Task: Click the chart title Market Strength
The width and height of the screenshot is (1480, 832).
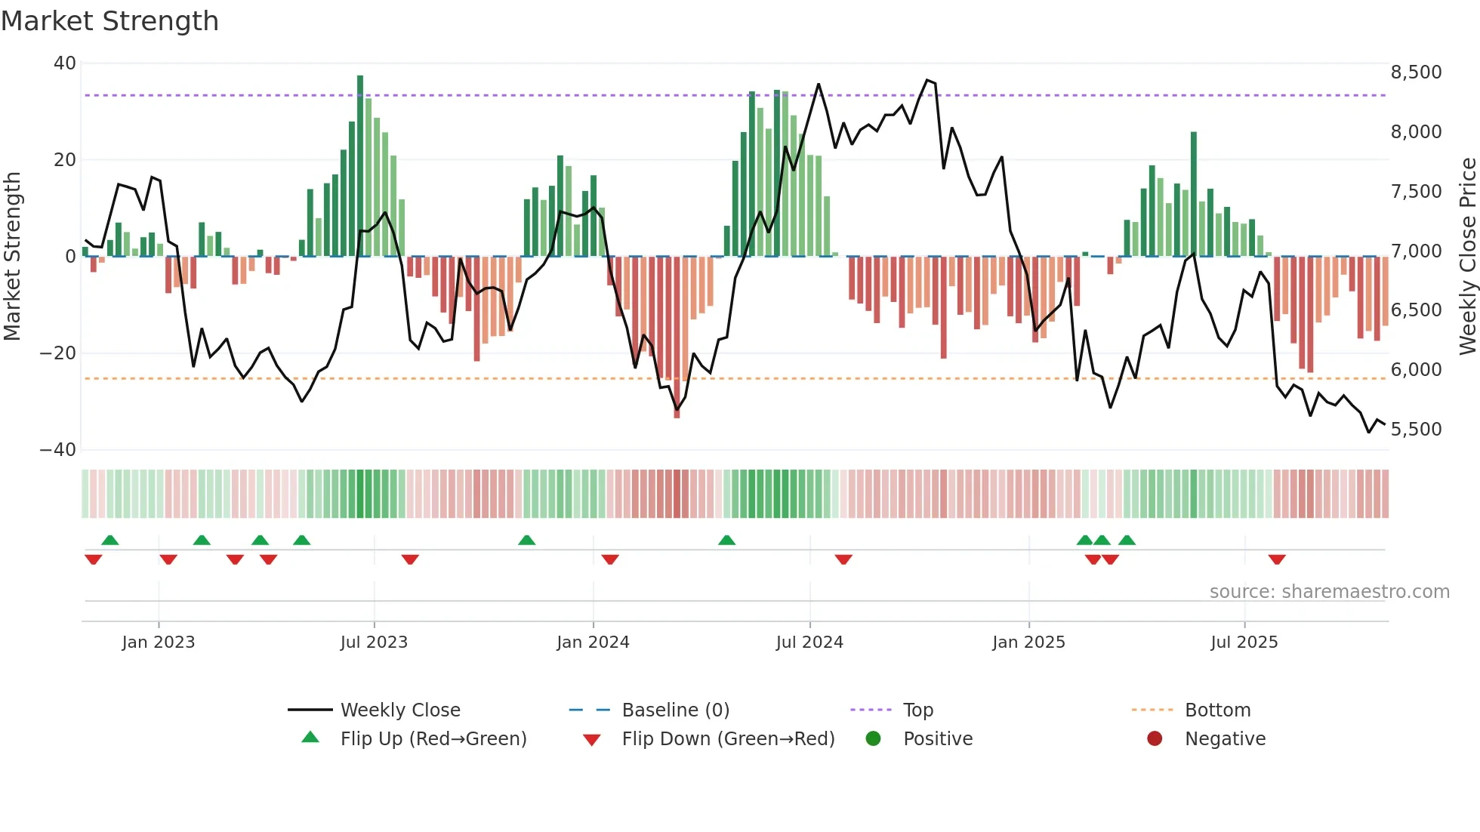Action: coord(109,21)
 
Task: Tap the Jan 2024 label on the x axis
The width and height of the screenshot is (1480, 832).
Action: coord(593,642)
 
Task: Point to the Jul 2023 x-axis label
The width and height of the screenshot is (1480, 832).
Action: coord(374,642)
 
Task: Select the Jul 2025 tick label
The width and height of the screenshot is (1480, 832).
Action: coord(1244,642)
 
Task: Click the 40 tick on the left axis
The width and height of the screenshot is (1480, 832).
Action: coord(65,63)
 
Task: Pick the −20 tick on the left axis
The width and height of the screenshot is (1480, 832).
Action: coord(58,353)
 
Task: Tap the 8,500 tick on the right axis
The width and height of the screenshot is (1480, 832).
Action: coord(1416,72)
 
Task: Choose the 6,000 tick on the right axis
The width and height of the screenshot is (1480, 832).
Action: coord(1416,370)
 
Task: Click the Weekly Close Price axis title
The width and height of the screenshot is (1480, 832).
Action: coord(1467,257)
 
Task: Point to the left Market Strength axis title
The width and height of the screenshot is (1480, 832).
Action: coord(13,257)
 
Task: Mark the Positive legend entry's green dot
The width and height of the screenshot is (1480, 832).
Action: coord(874,739)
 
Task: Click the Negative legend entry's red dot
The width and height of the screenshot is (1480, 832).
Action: coord(1155,739)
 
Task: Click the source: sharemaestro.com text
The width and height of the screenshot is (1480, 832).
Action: coord(1329,592)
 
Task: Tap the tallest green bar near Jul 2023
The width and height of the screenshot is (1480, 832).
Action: coord(360,166)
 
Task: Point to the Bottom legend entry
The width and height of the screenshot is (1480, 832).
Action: coord(1217,710)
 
